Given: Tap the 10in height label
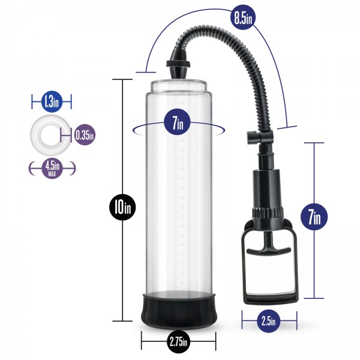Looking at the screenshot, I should [x=122, y=208].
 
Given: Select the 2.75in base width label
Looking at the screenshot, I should [x=178, y=343].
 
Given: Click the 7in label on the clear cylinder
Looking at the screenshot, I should [x=178, y=125].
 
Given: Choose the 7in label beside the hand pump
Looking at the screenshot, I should [x=314, y=217].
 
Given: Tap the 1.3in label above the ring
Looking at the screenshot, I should [x=51, y=101].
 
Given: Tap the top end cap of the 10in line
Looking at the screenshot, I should [x=122, y=79].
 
